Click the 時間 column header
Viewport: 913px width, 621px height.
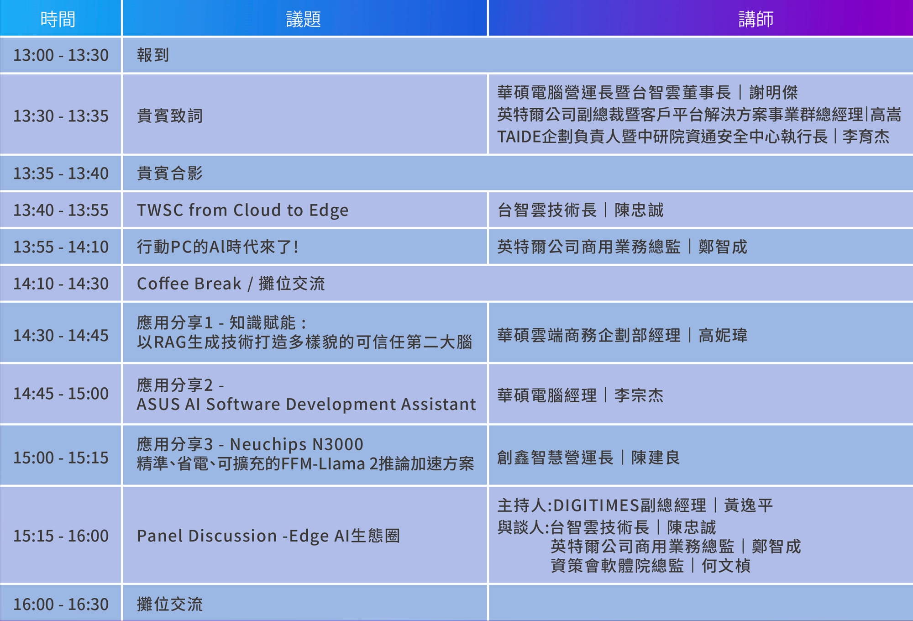click(58, 19)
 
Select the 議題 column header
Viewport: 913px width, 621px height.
click(304, 19)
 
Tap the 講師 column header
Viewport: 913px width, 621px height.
click(756, 19)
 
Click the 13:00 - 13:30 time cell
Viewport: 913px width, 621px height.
click(61, 55)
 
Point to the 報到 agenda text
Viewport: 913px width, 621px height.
click(153, 55)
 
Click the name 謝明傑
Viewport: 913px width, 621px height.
click(773, 92)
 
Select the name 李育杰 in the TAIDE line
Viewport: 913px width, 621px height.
click(866, 137)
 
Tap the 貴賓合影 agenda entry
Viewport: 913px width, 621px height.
click(170, 174)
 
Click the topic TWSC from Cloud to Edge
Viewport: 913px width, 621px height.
click(242, 210)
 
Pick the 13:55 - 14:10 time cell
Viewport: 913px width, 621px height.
click(61, 247)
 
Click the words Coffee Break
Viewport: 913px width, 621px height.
click(189, 284)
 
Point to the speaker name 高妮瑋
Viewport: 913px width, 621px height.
click(723, 336)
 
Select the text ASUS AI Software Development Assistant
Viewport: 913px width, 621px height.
click(306, 404)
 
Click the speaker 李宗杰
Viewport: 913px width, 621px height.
click(639, 395)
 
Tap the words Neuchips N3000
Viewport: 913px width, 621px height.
click(297, 444)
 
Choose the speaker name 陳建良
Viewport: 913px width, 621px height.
click(656, 458)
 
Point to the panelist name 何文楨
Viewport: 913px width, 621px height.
click(726, 566)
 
